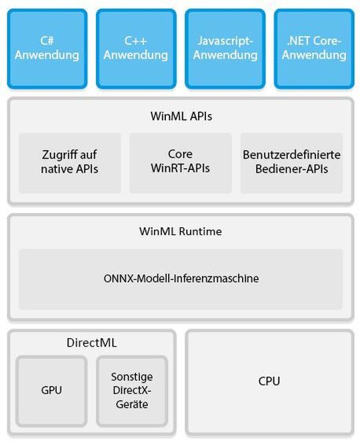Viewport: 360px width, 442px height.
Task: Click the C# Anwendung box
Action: (47, 48)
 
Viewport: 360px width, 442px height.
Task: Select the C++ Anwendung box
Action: (136, 48)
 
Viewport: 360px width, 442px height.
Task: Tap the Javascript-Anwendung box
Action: (225, 48)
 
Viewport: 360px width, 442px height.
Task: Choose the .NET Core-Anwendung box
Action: (314, 48)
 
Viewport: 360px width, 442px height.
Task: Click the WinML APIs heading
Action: (180, 117)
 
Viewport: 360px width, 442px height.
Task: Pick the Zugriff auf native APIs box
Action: (69, 162)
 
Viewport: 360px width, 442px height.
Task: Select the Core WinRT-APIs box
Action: (180, 162)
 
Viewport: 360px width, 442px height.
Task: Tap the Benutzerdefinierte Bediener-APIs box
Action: (291, 162)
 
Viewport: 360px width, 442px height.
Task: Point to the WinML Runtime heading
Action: (180, 231)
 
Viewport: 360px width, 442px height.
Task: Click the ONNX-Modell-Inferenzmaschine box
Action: (180, 279)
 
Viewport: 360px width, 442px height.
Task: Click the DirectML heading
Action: (92, 343)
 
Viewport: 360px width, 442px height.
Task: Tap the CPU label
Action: (269, 381)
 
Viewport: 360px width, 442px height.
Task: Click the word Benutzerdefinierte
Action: (291, 155)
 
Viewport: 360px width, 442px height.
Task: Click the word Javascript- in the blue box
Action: (225, 41)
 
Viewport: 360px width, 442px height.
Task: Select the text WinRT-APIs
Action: (180, 169)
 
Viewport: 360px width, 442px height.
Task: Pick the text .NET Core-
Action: (314, 41)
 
